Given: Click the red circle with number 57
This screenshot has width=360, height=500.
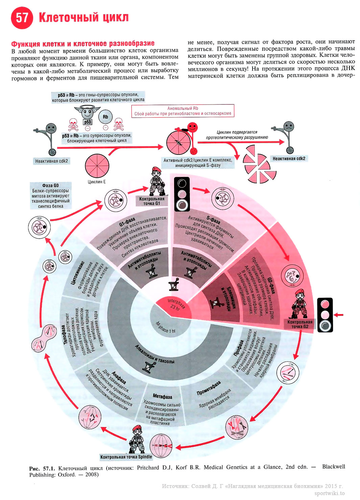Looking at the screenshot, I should [22, 17].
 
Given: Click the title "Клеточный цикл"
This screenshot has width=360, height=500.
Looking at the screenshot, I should [84, 17].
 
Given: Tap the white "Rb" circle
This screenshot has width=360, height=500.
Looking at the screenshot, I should [105, 117].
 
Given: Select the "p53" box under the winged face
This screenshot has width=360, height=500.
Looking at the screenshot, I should [88, 122].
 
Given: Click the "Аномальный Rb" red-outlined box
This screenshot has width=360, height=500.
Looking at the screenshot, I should [183, 111].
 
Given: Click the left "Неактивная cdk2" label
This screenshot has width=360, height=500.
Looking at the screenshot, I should [51, 161].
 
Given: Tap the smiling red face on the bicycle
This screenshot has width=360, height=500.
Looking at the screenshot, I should [192, 127].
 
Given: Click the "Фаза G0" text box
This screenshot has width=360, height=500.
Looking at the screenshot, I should [51, 196].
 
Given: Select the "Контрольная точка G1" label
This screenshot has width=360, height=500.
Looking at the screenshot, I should [152, 201].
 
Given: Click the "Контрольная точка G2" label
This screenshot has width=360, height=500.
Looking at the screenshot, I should [300, 324].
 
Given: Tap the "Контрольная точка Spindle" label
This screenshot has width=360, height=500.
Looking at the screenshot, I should [126, 457].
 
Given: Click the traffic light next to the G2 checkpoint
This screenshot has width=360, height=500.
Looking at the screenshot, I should [325, 315].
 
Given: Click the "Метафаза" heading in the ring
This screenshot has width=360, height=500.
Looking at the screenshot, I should [162, 396].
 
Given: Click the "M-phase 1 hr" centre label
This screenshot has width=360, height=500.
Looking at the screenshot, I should [165, 327].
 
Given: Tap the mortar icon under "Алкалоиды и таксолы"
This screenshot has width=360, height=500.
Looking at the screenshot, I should [148, 366].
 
